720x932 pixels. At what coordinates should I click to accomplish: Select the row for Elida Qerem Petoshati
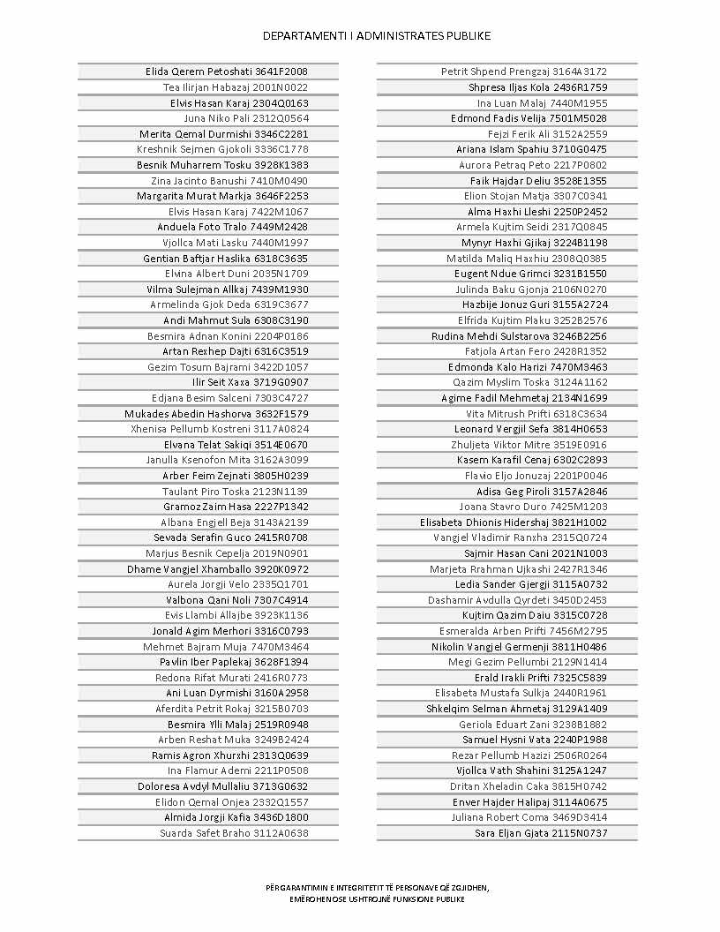(227, 71)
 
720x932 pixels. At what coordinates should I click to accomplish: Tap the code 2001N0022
(281, 87)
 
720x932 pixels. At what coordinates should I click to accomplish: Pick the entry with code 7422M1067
(281, 212)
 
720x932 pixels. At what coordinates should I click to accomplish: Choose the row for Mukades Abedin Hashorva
(216, 413)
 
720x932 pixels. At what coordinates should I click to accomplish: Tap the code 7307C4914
(281, 600)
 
